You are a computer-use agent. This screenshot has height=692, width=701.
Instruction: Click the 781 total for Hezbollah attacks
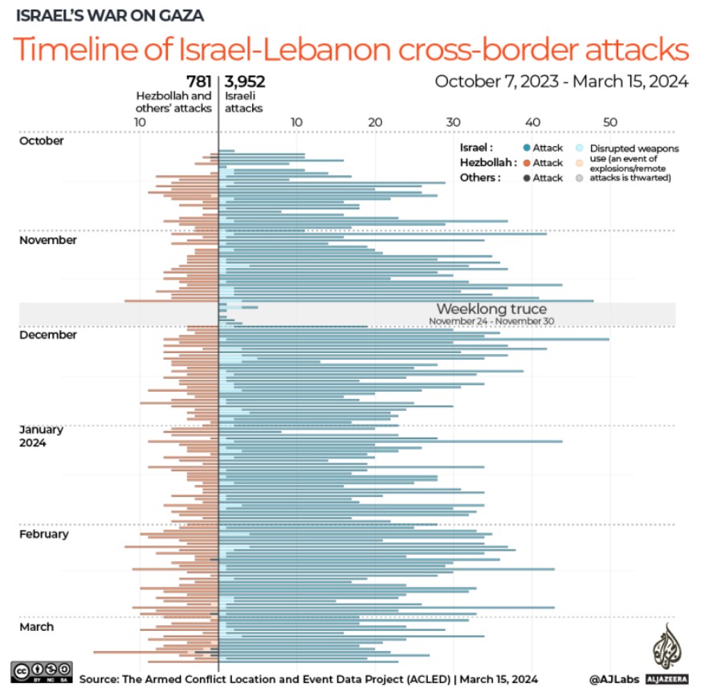(199, 81)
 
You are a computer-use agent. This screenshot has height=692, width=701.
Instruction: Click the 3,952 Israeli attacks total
(245, 81)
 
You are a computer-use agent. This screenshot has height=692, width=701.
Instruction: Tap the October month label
(41, 140)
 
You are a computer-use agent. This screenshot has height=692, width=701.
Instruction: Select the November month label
(47, 240)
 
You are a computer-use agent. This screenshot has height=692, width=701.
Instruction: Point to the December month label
(47, 335)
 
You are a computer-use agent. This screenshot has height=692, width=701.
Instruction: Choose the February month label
(44, 534)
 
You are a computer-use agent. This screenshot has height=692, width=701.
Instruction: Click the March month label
(36, 627)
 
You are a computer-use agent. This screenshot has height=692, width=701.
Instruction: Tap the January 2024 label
(41, 436)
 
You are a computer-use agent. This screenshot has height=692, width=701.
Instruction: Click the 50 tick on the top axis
(609, 121)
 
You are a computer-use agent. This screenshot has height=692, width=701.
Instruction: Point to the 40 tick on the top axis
(532, 121)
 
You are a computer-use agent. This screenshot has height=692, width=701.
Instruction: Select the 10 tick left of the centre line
(140, 121)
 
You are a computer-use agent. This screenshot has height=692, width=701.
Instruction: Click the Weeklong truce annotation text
(491, 309)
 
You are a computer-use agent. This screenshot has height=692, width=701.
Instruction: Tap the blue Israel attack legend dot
(526, 148)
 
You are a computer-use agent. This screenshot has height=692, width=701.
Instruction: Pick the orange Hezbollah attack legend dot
(526, 163)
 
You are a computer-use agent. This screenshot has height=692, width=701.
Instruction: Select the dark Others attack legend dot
(526, 177)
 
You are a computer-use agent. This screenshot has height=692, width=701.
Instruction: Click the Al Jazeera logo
(665, 654)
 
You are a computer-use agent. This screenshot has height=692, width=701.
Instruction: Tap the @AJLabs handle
(614, 679)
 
